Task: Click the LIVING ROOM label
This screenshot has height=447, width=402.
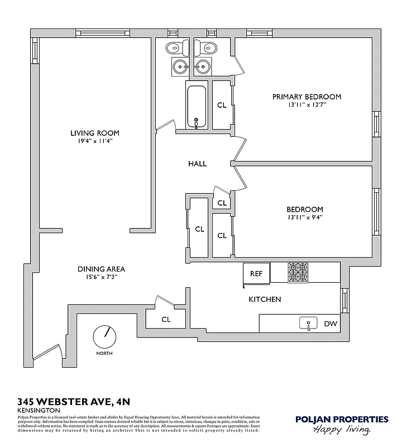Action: (x=94, y=133)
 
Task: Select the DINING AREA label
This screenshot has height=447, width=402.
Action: (x=100, y=269)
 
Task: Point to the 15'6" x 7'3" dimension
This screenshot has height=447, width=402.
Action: (x=100, y=277)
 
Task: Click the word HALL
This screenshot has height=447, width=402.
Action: (x=197, y=164)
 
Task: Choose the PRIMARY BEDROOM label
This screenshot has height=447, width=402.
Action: (x=307, y=97)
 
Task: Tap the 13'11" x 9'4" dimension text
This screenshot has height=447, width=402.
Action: (x=305, y=218)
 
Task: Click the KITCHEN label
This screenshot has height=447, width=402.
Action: (x=265, y=299)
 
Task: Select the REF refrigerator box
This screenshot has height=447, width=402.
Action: (x=256, y=274)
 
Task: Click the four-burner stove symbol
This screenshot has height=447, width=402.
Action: (x=298, y=272)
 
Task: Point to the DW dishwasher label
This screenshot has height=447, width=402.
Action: (x=330, y=324)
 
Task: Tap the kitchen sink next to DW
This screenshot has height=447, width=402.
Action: (x=308, y=323)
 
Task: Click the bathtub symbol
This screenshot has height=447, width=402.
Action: (x=197, y=107)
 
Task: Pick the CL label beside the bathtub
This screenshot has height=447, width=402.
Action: (x=222, y=105)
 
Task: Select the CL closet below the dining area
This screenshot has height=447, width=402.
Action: (x=166, y=320)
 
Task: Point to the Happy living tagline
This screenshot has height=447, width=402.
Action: (x=342, y=430)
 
